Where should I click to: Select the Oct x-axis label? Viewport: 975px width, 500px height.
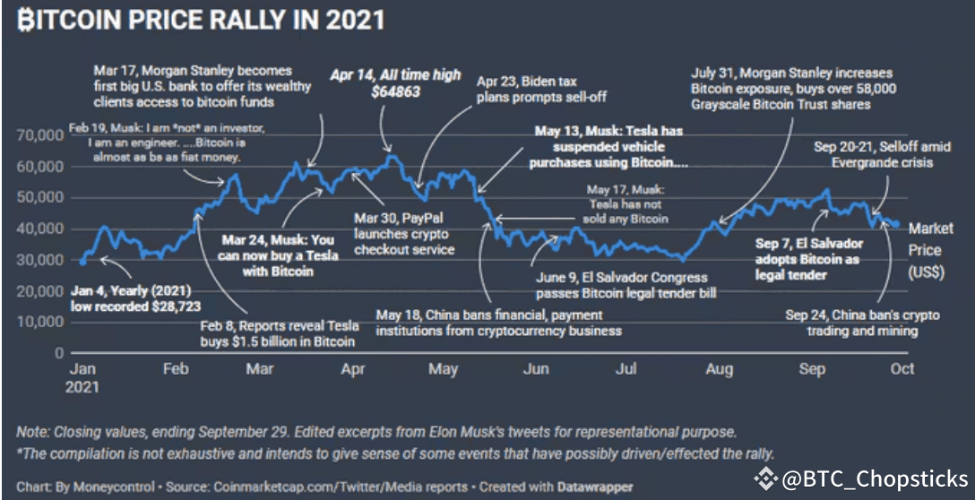click(x=902, y=368)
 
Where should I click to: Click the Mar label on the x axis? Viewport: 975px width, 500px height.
click(x=260, y=368)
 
